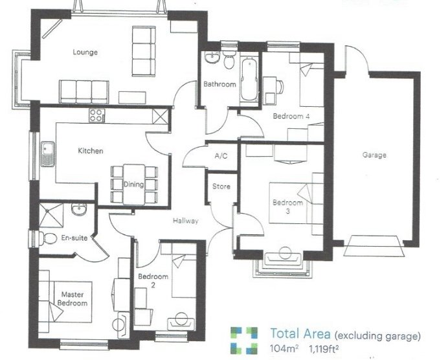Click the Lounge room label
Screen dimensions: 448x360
(85, 52)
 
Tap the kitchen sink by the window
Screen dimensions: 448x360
(47, 154)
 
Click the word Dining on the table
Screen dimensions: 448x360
(133, 185)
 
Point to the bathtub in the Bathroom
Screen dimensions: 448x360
(249, 79)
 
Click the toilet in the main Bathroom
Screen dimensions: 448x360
(229, 59)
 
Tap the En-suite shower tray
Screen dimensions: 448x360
(51, 215)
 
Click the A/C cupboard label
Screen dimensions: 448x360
(221, 155)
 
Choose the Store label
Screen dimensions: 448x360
(221, 186)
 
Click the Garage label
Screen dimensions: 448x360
(374, 155)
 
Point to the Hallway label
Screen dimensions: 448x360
(185, 221)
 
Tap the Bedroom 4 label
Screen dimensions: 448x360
(291, 117)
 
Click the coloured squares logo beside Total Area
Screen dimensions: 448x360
(244, 341)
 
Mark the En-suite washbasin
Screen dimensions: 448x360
(79, 209)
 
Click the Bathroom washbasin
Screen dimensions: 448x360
(212, 57)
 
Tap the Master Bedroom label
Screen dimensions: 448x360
(73, 298)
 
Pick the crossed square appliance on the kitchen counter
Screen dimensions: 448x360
(159, 116)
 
